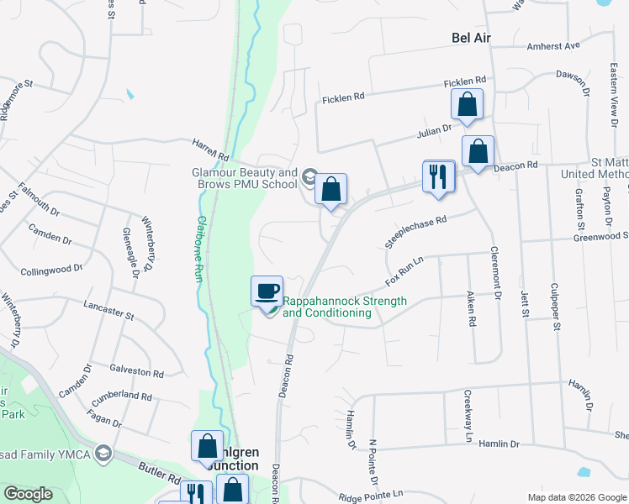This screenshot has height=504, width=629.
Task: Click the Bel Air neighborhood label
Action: point(470,39)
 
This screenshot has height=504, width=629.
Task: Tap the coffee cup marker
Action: point(267,291)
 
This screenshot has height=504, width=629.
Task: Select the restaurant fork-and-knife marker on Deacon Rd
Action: point(438,177)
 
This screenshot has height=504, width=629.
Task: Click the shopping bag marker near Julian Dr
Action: point(467,106)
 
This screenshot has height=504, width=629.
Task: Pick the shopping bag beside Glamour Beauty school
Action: point(331,190)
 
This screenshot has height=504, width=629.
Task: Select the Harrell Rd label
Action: point(212,150)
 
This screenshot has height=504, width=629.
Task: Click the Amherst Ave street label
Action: point(553,45)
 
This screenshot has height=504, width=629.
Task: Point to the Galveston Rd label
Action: point(136,370)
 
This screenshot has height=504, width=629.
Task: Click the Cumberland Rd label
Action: point(123,394)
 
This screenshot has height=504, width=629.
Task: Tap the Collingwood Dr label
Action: point(52,269)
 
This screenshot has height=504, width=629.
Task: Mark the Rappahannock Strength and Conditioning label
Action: point(344,307)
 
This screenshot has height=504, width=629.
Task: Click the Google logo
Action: point(29,493)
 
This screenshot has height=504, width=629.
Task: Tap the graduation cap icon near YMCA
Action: point(103,454)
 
